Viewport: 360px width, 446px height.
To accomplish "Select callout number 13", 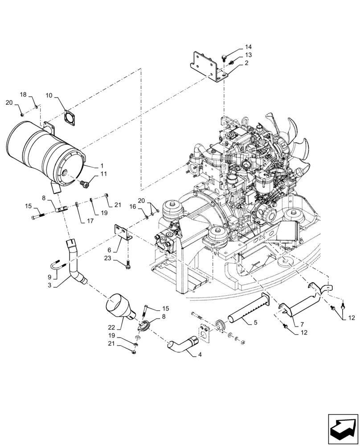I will coord(248,55).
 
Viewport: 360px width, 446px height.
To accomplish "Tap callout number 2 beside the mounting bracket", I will coord(246,63).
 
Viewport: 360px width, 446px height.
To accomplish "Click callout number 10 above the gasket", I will coord(49,95).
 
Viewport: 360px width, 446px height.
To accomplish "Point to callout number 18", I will coord(24,94).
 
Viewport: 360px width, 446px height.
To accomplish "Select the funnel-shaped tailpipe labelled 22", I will coord(120,307).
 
